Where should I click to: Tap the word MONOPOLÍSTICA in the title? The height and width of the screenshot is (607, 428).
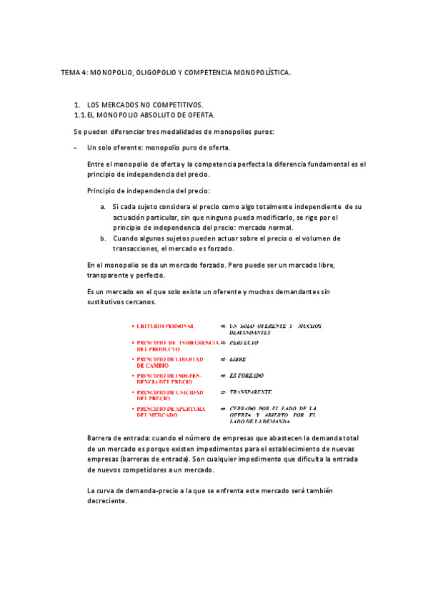click(x=261, y=72)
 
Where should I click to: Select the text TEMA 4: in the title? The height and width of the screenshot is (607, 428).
click(x=74, y=72)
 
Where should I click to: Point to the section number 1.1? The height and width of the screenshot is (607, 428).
click(x=80, y=115)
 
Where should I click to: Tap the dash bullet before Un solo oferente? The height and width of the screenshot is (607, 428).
click(x=76, y=147)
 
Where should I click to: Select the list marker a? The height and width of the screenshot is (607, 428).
click(x=103, y=207)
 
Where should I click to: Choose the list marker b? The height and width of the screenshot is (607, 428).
click(x=103, y=238)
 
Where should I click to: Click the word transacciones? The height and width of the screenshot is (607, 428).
click(x=138, y=248)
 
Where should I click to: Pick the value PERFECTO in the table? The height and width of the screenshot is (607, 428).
click(x=244, y=343)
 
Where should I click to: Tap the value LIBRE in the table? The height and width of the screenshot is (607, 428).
click(x=237, y=359)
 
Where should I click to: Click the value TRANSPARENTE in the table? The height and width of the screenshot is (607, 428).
click(x=251, y=392)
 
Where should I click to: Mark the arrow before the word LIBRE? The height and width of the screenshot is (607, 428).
click(x=224, y=359)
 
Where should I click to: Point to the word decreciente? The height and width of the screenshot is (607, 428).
click(x=106, y=501)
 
